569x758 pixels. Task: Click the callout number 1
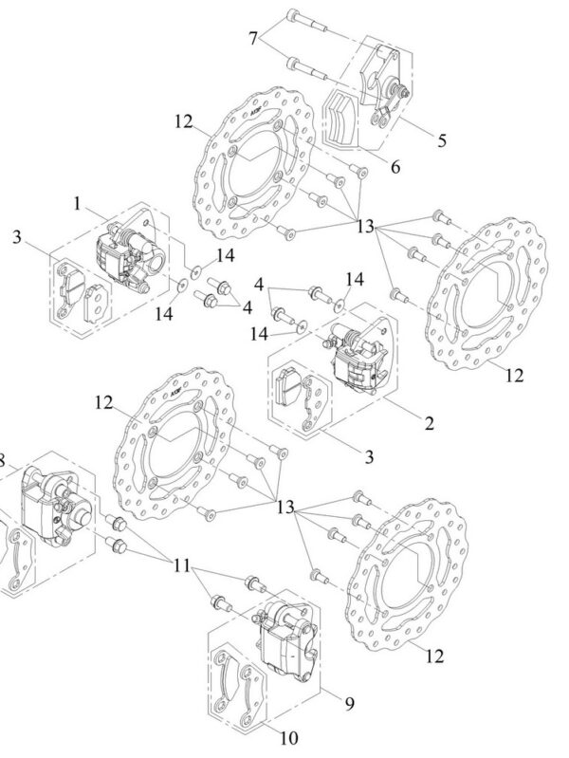tap(77, 203)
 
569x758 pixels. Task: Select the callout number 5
tap(442, 141)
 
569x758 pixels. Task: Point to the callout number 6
tap(395, 167)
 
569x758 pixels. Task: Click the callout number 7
tap(253, 38)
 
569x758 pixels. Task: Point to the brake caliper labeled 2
tap(357, 360)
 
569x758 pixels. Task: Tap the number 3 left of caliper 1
tap(16, 236)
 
